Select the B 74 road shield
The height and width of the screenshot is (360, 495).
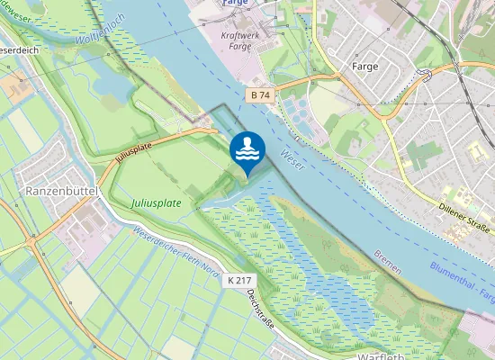click(259, 94)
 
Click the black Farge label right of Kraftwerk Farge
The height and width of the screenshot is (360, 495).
click(364, 67)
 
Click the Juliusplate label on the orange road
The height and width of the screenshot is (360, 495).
click(133, 152)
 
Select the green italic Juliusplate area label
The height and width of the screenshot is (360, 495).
click(156, 203)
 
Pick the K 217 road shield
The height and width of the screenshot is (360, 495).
click(238, 281)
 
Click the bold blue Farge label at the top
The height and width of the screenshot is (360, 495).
click(236, 4)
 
